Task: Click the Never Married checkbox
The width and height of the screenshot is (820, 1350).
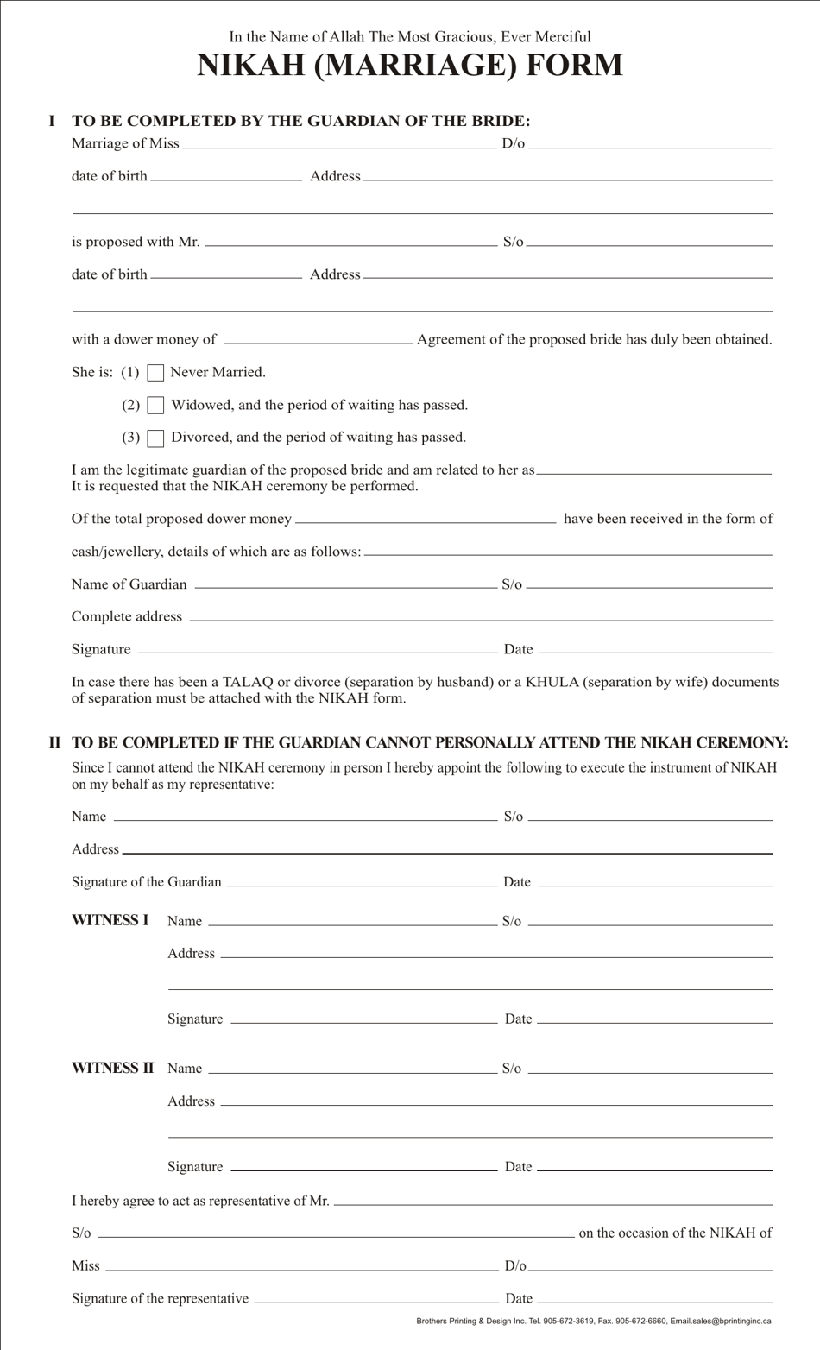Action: point(155,373)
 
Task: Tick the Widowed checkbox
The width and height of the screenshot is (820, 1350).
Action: point(155,406)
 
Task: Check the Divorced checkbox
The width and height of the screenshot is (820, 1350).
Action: point(155,438)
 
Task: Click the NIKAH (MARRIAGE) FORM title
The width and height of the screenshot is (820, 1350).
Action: point(410,66)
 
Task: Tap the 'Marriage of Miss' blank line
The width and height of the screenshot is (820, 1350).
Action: point(339,144)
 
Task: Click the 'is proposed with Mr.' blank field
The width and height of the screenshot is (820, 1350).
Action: point(350,243)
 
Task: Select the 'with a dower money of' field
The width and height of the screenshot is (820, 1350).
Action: point(318,340)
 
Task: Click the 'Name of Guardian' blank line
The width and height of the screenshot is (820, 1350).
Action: point(345,585)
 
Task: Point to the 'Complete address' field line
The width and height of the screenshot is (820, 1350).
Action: point(481,617)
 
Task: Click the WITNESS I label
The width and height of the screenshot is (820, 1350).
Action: point(110,920)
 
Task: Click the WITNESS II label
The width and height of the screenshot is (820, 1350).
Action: point(112,1068)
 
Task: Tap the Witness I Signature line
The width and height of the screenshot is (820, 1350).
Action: point(363,1019)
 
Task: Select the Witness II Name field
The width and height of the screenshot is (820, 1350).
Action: point(352,1069)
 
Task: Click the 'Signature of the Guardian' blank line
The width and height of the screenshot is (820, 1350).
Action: point(361,883)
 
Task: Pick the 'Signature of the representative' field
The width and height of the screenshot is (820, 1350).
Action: point(375,1299)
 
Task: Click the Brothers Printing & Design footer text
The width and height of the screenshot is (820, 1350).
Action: point(594,1321)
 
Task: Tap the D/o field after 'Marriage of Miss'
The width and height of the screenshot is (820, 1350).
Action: point(650,144)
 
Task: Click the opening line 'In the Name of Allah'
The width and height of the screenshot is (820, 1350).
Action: point(410,36)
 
